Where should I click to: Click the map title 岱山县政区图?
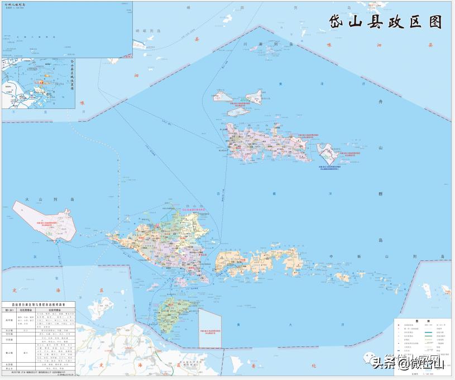coord(385,21)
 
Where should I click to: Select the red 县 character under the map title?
coord(197,39)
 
